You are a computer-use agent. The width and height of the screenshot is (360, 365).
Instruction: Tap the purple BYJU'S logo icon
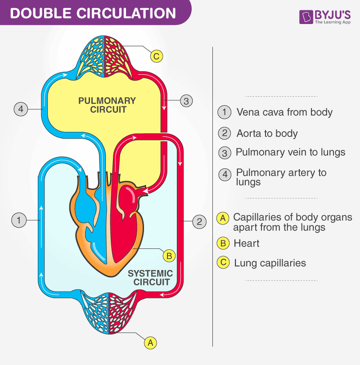306,17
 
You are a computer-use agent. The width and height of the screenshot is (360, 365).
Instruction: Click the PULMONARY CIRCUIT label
107,105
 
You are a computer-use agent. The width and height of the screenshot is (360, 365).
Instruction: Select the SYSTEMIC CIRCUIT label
150,278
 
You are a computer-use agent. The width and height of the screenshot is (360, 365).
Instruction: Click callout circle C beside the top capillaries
156,56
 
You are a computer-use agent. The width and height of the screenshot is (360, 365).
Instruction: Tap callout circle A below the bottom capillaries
151,342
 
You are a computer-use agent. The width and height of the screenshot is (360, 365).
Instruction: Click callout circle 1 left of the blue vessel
18,220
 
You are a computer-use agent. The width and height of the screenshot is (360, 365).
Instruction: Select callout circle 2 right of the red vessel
199,221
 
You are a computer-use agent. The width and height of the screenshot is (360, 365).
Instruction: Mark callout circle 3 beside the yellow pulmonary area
186,100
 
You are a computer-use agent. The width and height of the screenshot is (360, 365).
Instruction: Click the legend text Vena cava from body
284,113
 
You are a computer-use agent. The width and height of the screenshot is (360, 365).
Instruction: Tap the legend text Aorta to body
267,133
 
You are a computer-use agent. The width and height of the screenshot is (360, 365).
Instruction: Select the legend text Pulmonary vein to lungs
291,152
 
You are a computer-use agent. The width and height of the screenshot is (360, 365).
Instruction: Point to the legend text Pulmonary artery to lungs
281,177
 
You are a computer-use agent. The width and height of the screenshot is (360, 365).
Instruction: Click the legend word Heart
247,243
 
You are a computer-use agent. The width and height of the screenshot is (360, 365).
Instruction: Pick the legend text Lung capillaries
270,263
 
